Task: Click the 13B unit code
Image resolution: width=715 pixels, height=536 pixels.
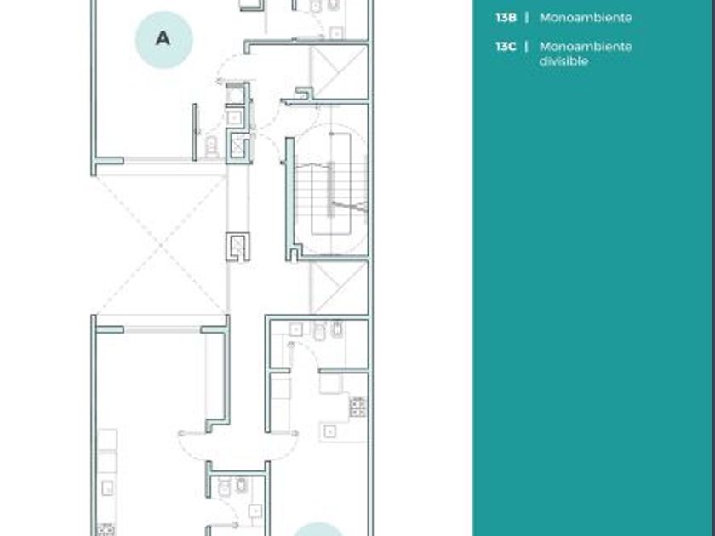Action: coord(506,18)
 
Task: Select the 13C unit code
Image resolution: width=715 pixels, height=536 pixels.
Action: coord(506,47)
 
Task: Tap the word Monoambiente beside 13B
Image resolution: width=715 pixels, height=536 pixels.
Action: coord(586,18)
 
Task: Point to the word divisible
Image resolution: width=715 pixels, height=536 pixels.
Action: coord(563,61)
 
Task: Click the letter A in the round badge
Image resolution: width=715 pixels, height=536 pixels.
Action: coord(163,39)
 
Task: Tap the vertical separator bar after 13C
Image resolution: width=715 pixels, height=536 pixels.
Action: coord(527,47)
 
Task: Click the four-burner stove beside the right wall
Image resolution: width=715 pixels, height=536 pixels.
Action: coord(358,407)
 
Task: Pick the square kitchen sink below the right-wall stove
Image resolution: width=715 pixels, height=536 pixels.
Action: coord(330,431)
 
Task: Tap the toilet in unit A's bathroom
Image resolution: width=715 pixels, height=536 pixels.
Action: coord(211,145)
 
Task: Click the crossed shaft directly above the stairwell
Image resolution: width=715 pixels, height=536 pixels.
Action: coord(339,71)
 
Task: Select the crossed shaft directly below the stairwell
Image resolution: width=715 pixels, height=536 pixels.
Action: coord(339,288)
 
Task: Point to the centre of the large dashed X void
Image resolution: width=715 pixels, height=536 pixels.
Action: coord(161,245)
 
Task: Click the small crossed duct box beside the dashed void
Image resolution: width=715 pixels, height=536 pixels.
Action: coord(238,247)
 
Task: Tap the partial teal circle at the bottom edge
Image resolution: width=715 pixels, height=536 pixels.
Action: coord(317,529)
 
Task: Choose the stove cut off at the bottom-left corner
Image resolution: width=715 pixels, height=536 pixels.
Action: coord(106,530)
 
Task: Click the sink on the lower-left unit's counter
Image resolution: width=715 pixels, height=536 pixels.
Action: coord(107,488)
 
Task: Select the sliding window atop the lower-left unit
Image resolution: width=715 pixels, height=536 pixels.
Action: coord(162,329)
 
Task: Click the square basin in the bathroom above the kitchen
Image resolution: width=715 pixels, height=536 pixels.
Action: coord(296,329)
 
